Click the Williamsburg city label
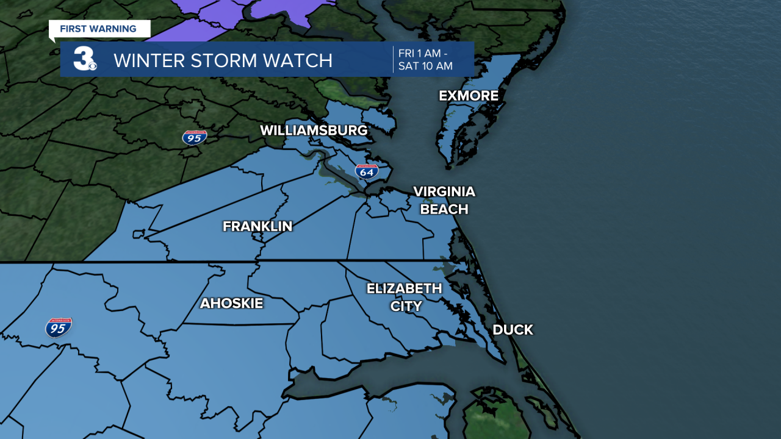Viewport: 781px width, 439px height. click(314, 130)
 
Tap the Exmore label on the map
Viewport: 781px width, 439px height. click(469, 96)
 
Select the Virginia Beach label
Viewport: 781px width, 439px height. click(444, 200)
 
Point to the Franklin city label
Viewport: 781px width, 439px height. click(257, 226)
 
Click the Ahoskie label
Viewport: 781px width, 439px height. click(231, 303)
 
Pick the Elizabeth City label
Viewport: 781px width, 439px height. click(404, 297)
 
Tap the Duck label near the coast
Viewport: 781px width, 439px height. click(513, 330)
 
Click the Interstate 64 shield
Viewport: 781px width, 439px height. click(367, 171)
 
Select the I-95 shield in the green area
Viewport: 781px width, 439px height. click(194, 137)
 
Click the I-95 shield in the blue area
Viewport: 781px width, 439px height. click(59, 327)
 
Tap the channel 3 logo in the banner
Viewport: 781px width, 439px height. click(84, 59)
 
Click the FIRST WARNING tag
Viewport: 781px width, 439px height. click(98, 29)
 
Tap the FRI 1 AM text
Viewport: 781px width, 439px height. click(425, 53)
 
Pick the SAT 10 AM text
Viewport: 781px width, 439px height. click(425, 66)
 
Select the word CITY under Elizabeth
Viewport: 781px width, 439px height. click(406, 306)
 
